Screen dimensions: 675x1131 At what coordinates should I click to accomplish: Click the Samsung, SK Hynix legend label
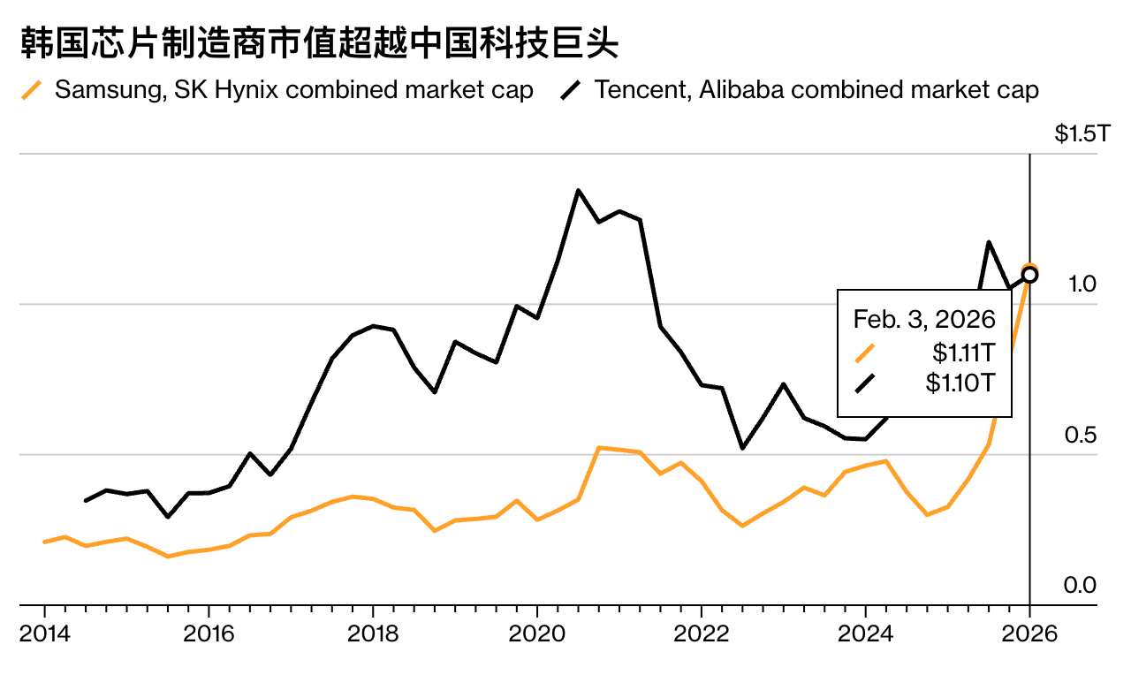pos(293,90)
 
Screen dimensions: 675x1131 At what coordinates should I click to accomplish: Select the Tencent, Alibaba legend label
pos(816,90)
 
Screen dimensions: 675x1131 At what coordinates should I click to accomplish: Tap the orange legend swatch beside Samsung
pos(32,90)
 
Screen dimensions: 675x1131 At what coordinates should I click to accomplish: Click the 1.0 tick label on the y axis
pos(1082,284)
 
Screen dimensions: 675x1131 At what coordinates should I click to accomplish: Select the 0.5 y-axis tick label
pos(1082,436)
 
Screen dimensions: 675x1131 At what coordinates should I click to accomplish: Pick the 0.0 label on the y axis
pos(1082,586)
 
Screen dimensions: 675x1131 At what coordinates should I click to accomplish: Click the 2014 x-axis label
pos(44,633)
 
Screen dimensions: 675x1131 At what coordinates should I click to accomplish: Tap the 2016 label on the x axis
pos(209,633)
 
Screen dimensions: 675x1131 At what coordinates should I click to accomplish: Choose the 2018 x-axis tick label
pos(373,633)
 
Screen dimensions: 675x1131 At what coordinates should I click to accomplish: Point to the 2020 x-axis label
pos(537,633)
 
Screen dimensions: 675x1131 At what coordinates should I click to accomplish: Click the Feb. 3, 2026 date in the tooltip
pos(923,319)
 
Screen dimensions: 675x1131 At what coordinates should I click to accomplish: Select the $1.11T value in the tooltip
pos(963,353)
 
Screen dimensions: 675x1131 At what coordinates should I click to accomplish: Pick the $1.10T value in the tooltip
pos(960,383)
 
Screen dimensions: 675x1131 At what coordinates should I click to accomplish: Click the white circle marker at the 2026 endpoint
pos(1030,275)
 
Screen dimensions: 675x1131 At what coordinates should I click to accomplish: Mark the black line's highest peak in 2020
pos(578,190)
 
